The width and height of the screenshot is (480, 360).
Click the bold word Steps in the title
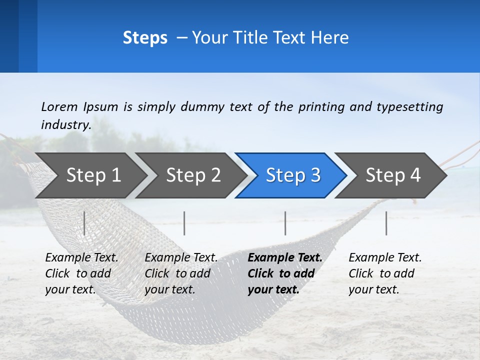tap(145, 37)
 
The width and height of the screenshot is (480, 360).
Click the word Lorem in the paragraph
tap(59, 106)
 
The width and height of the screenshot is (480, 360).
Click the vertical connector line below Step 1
tap(84, 223)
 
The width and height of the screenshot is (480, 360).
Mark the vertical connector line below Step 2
tap(184, 223)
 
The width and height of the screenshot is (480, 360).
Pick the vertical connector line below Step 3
tap(285, 223)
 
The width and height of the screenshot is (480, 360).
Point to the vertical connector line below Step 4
tap(386, 223)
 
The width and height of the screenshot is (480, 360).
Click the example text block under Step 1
tap(81, 273)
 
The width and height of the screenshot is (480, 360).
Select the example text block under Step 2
tap(181, 273)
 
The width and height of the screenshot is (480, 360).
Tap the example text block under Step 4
tap(385, 273)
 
